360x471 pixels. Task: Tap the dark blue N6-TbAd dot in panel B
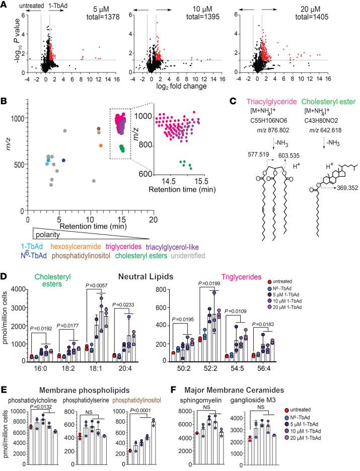64,161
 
